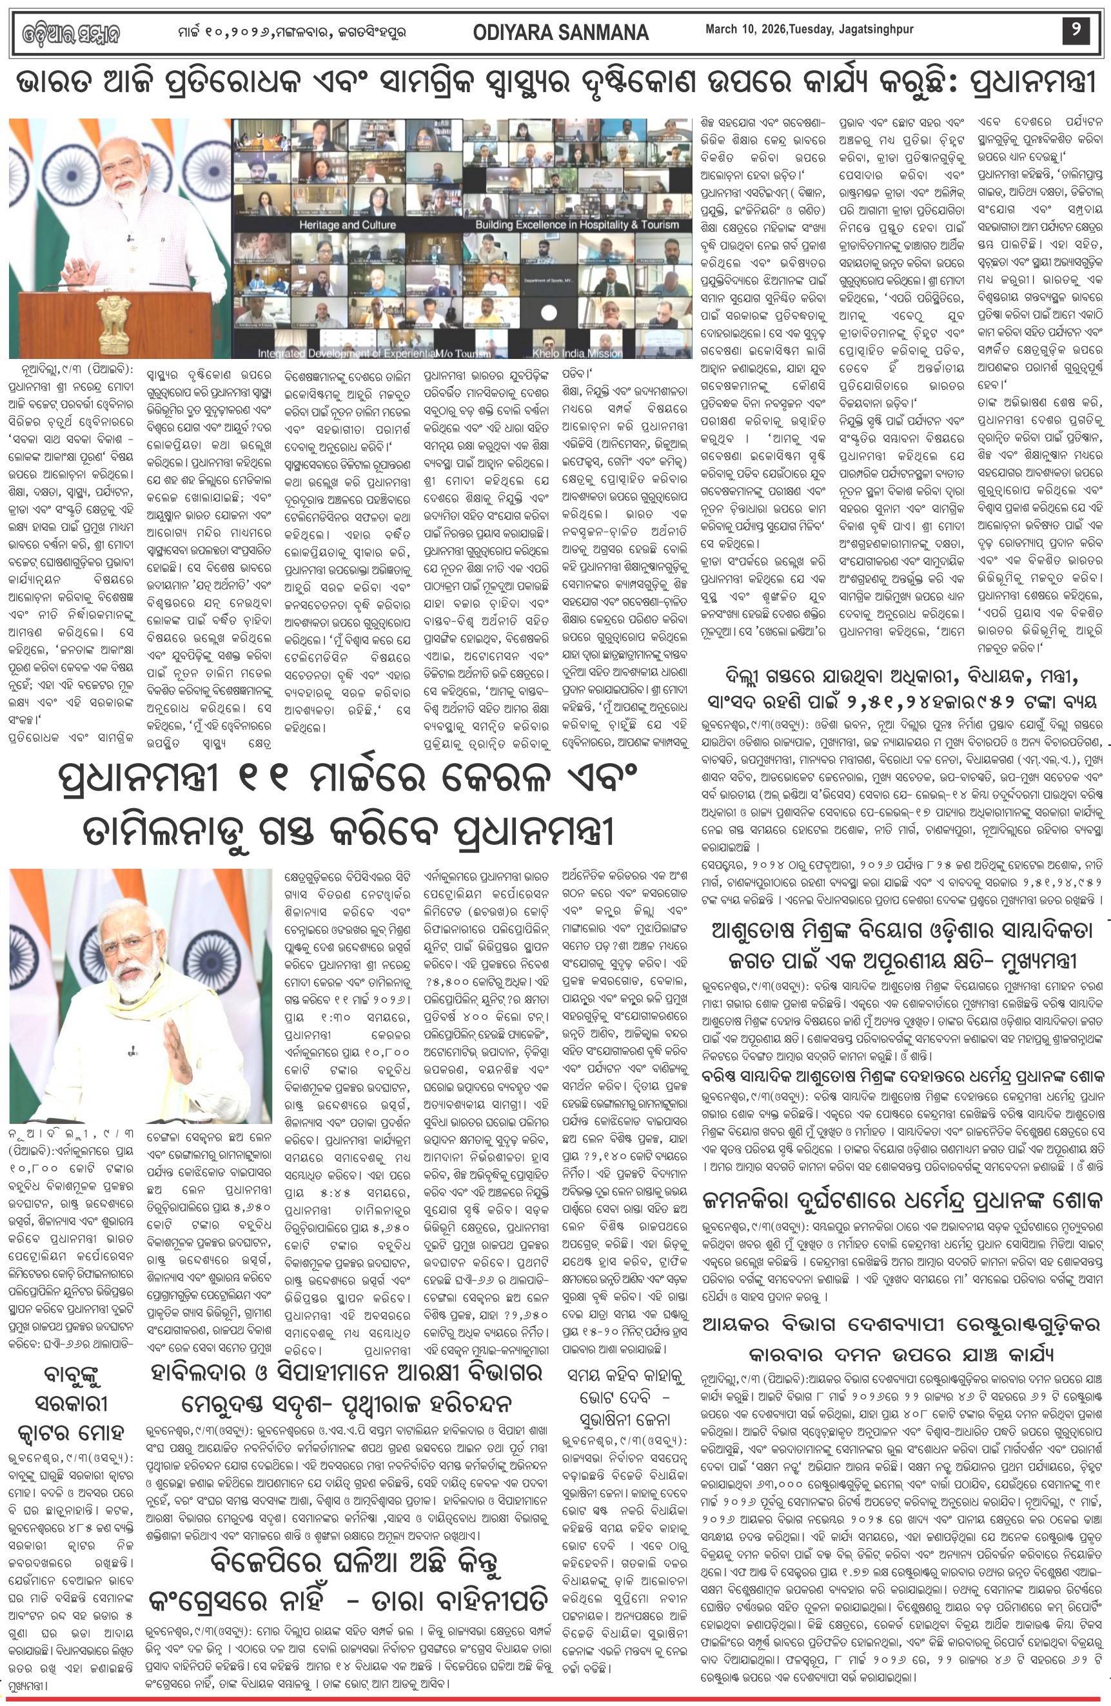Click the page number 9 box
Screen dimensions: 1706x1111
(x=1075, y=31)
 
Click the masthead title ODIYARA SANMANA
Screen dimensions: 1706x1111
(x=560, y=32)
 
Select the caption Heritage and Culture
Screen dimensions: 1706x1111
(x=347, y=225)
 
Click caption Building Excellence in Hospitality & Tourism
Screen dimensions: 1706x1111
(x=576, y=225)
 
